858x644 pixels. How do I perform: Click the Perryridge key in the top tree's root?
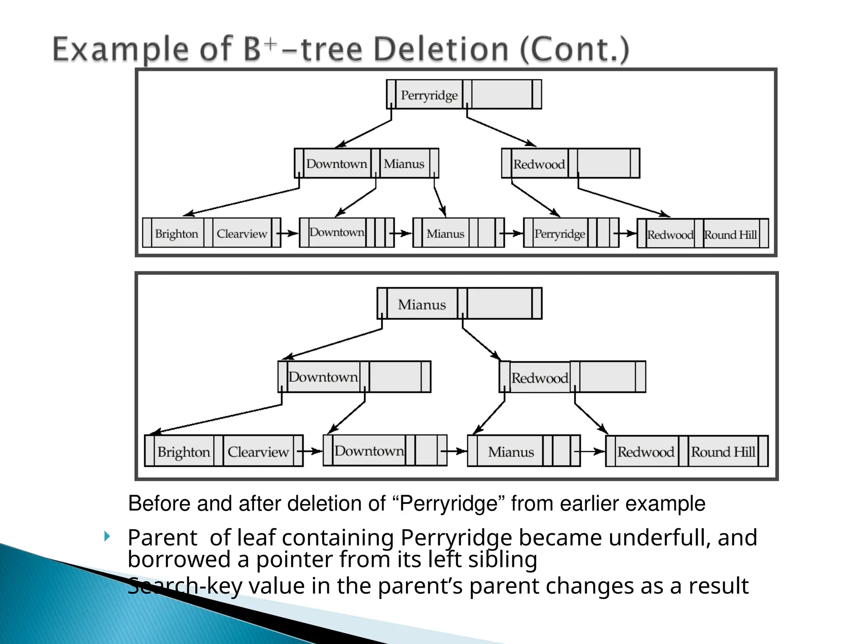pyautogui.click(x=429, y=95)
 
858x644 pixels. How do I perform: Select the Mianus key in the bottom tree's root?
pyautogui.click(x=421, y=304)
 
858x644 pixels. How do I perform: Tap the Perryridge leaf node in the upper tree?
pyautogui.click(x=559, y=233)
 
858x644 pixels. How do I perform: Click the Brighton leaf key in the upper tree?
pyautogui.click(x=176, y=234)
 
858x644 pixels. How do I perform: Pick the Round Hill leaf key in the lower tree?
pyautogui.click(x=723, y=452)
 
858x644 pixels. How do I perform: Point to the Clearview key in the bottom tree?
pyautogui.click(x=258, y=452)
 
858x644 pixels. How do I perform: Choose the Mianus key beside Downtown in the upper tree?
pyautogui.click(x=404, y=164)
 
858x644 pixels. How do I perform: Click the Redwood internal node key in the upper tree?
pyautogui.click(x=539, y=164)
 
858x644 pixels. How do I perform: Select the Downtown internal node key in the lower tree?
pyautogui.click(x=323, y=377)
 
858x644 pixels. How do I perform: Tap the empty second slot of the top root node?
pyautogui.click(x=501, y=95)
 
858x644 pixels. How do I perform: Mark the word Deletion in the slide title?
pyautogui.click(x=440, y=49)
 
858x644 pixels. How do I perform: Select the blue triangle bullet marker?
pyautogui.click(x=107, y=536)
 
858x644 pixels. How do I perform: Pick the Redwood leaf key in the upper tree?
pyautogui.click(x=670, y=234)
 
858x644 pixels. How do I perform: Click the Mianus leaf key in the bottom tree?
pyautogui.click(x=511, y=452)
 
